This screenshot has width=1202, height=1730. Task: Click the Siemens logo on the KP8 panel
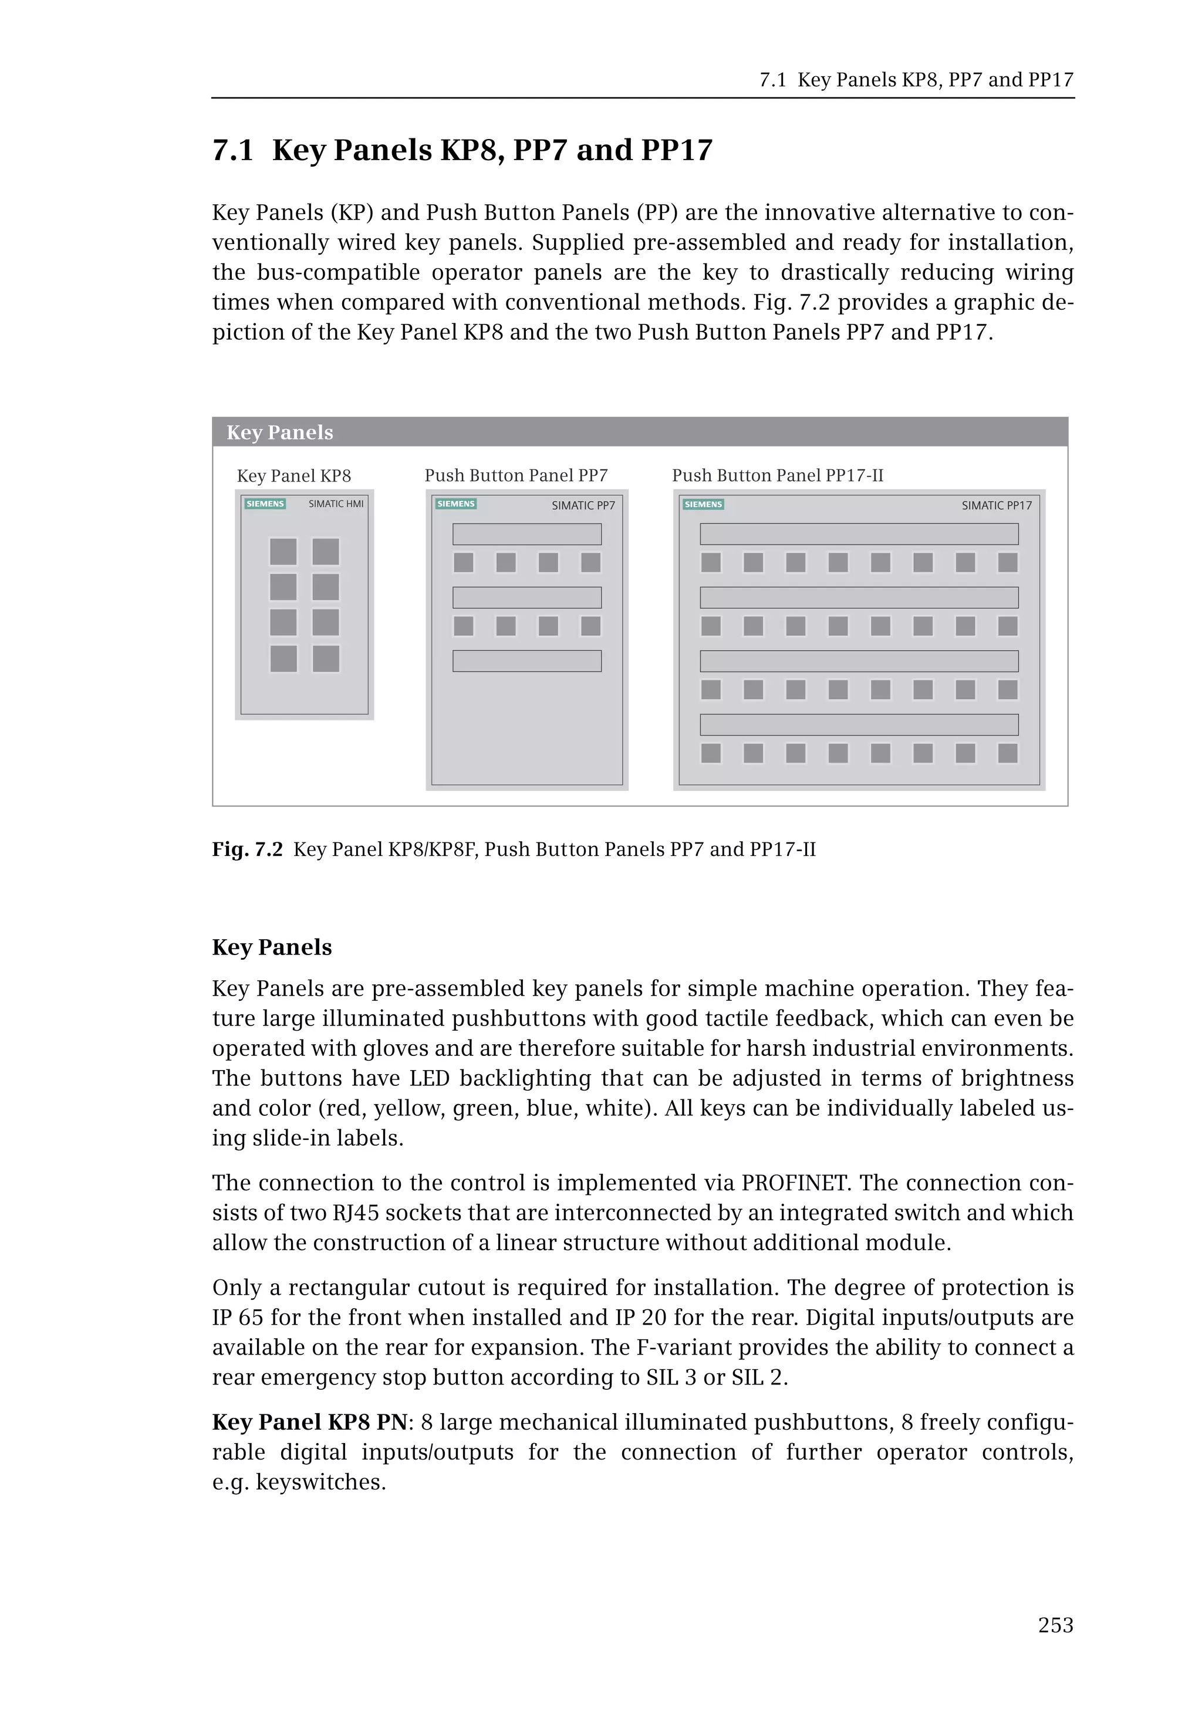pyautogui.click(x=265, y=504)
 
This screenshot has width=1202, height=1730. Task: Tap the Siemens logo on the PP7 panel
pyautogui.click(x=455, y=504)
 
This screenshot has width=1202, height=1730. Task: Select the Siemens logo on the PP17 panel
pyautogui.click(x=703, y=505)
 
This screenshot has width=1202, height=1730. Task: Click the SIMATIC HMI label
pyautogui.click(x=336, y=504)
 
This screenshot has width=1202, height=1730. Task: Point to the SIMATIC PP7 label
pyautogui.click(x=583, y=506)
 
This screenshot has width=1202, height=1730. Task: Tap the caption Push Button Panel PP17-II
pyautogui.click(x=777, y=476)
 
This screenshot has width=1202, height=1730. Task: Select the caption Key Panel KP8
pyautogui.click(x=293, y=476)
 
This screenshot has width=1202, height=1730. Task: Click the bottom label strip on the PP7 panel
pyautogui.click(x=526, y=661)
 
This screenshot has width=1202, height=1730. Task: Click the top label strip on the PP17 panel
pyautogui.click(x=859, y=534)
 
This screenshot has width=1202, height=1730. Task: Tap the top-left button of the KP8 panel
pyautogui.click(x=283, y=551)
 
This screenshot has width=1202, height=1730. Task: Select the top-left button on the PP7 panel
pyautogui.click(x=463, y=563)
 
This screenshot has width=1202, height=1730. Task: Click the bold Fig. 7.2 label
pyautogui.click(x=247, y=850)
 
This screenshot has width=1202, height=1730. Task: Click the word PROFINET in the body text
pyautogui.click(x=795, y=1183)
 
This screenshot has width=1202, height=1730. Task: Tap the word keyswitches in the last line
pyautogui.click(x=320, y=1482)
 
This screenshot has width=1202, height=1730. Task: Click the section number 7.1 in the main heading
pyautogui.click(x=233, y=151)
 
